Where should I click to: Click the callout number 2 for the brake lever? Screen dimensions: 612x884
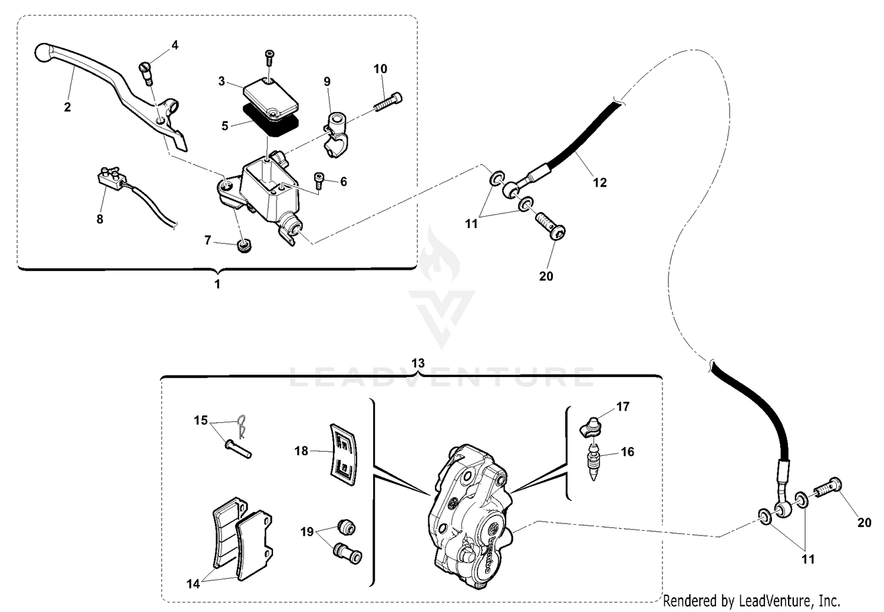point(67,107)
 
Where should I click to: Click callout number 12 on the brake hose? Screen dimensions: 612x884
point(599,183)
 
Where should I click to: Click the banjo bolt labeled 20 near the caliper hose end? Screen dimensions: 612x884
point(828,488)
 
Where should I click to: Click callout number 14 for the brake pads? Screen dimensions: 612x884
point(193,584)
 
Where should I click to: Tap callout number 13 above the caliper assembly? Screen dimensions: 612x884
point(417,363)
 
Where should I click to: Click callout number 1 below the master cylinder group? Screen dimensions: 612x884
point(217,284)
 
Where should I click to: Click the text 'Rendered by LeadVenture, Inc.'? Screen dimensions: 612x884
point(751,601)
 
